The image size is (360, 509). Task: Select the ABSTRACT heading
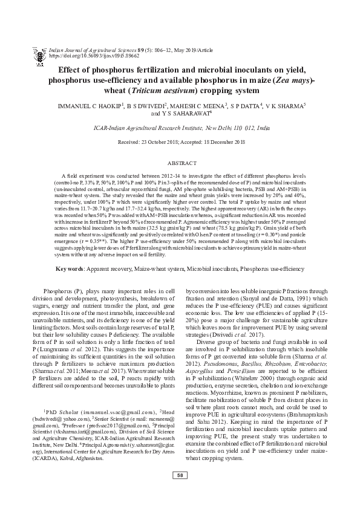pyautogui.click(x=180, y=163)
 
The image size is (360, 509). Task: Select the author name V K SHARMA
pyautogui.click(x=284, y=106)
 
